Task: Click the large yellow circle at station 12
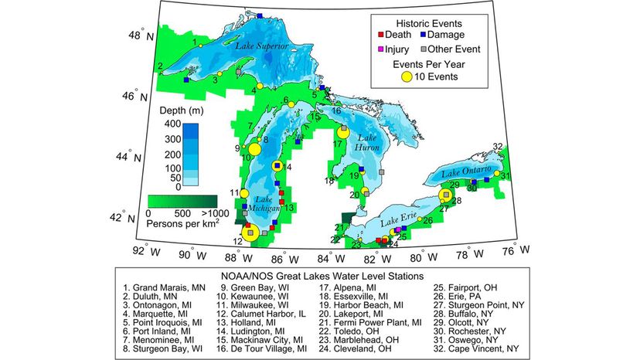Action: (x=250, y=232)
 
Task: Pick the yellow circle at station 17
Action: (x=344, y=132)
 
